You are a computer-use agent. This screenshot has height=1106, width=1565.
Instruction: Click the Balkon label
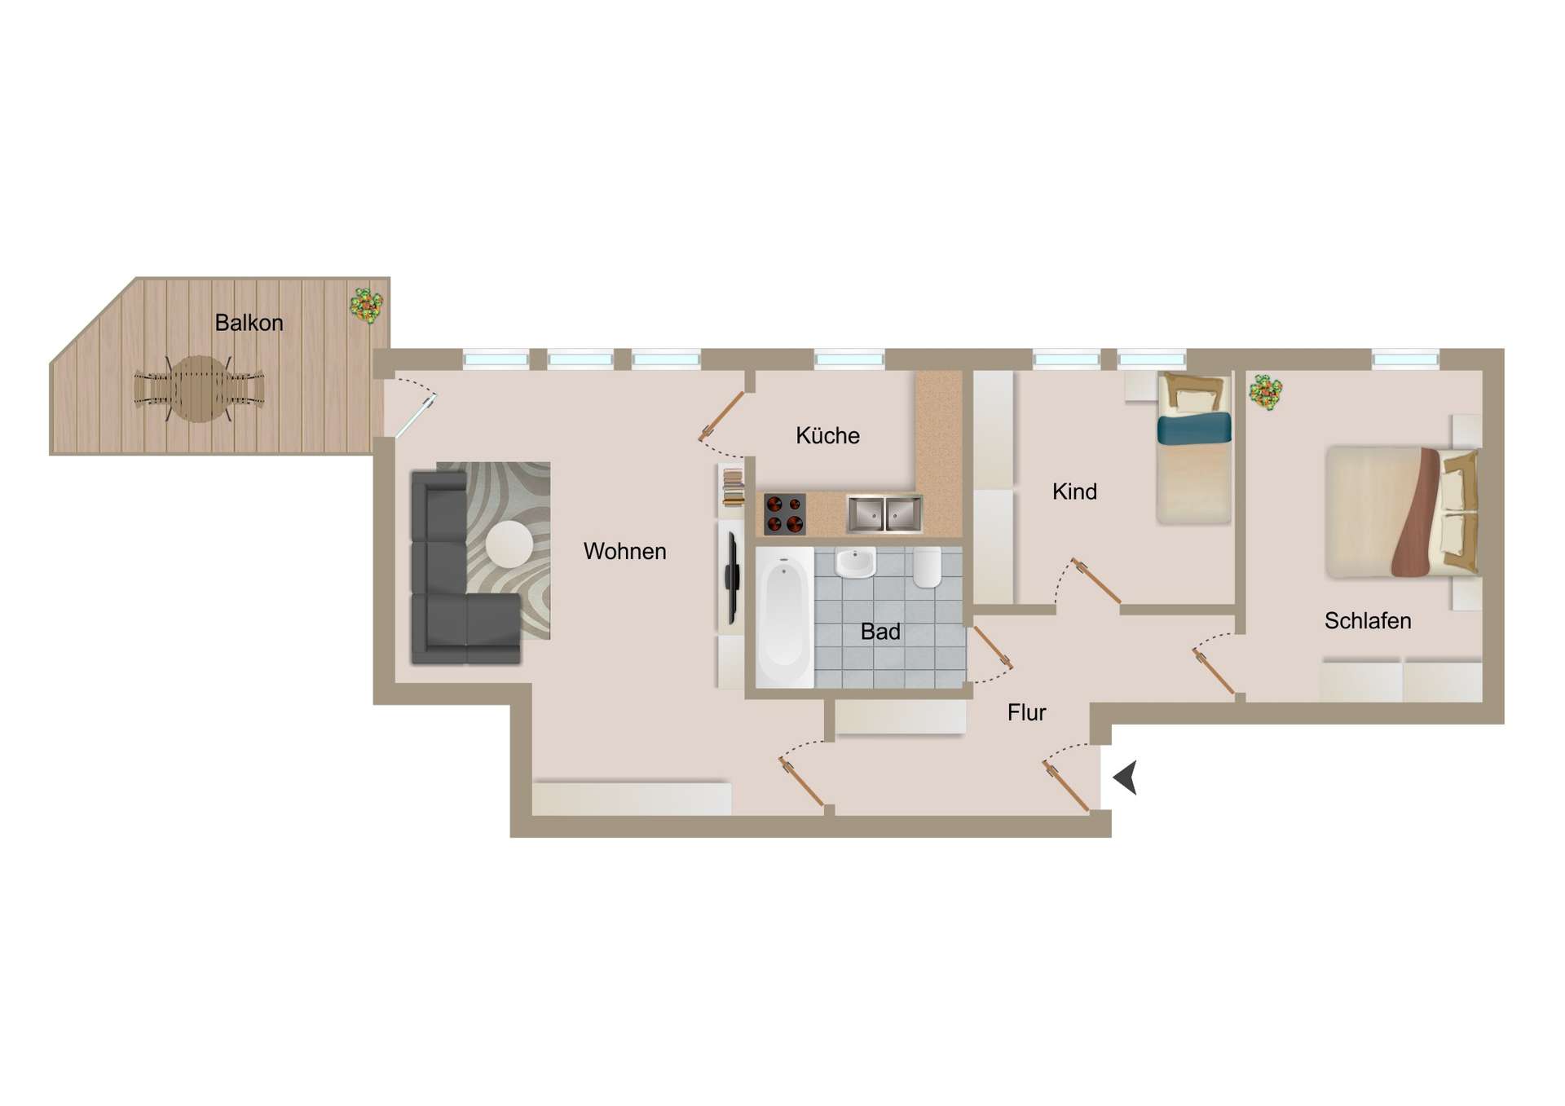249,323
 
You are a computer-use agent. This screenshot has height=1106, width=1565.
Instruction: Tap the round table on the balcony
199,389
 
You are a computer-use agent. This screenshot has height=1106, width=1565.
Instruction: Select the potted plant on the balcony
367,306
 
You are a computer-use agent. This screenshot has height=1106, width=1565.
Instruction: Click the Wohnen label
624,551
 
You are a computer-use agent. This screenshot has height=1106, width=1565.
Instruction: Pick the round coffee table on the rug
509,544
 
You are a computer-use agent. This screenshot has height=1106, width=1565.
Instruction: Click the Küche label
827,435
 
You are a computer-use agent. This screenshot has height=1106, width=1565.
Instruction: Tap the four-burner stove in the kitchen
784,514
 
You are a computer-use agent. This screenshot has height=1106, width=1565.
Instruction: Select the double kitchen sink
884,513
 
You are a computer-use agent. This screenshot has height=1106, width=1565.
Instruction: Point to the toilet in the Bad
927,567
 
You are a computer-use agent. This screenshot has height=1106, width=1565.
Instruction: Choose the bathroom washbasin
855,562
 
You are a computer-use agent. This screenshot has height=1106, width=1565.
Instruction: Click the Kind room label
1074,491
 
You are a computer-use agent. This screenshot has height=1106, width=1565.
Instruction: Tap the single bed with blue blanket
1194,448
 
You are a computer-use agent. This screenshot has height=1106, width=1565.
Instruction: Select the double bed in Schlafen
1402,511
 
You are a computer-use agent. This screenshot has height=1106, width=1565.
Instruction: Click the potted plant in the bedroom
1266,392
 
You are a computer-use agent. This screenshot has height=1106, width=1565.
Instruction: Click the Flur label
1026,712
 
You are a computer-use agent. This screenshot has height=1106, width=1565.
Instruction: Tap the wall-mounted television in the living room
732,575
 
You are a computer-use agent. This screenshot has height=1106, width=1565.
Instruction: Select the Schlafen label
1368,621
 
